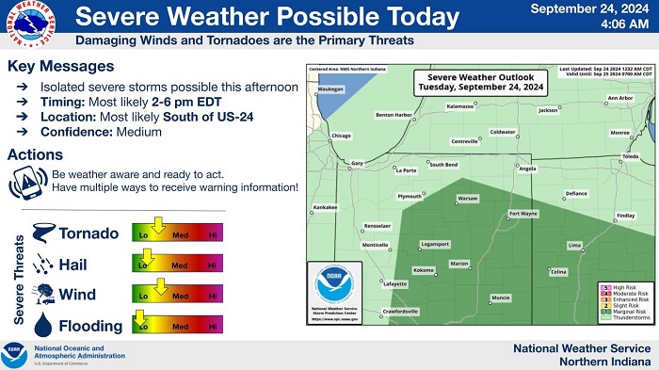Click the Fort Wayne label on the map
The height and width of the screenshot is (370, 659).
coord(523,214)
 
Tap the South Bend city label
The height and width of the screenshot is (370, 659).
coord(443,165)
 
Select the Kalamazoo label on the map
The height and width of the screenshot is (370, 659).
coord(459,106)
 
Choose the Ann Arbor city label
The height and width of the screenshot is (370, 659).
coord(620,98)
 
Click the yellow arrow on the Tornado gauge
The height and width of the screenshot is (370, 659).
coord(159,226)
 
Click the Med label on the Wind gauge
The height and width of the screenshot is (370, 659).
coord(178,296)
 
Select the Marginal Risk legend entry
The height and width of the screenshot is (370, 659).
coord(631,311)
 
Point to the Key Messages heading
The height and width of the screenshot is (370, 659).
coord(60,67)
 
